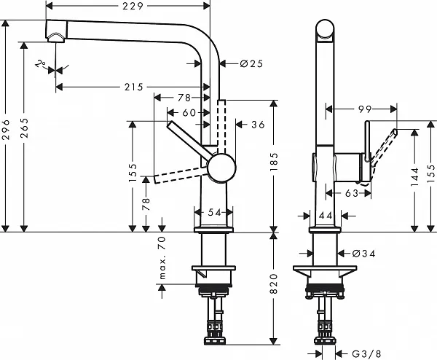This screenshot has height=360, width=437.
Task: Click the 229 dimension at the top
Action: point(132,7)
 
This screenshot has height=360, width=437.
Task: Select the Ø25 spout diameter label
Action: point(251,65)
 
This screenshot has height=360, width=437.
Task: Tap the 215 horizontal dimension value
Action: point(132,87)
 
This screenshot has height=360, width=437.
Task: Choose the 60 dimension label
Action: point(189,112)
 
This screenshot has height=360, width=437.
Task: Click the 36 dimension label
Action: point(257,125)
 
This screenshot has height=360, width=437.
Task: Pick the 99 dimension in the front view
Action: point(364,109)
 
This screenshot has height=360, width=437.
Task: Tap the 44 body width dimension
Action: point(326,216)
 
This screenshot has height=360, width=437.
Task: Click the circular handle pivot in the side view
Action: point(223,168)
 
